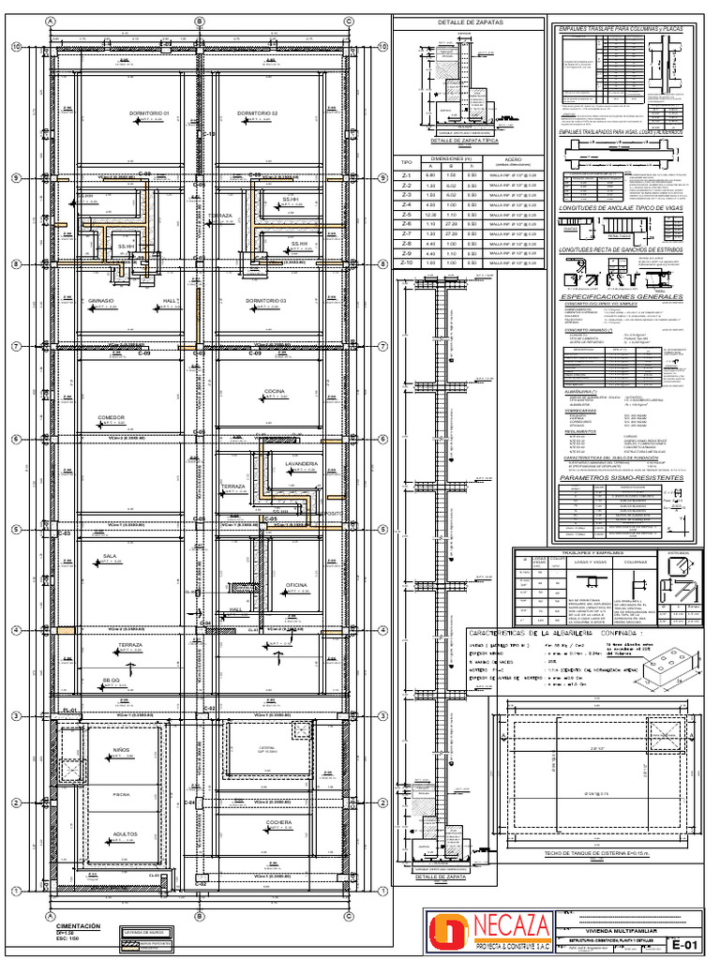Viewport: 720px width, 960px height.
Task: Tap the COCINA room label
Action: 275,390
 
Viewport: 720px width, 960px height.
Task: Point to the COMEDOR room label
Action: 111,417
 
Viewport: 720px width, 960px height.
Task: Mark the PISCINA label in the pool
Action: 121,793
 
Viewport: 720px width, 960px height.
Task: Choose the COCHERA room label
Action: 278,821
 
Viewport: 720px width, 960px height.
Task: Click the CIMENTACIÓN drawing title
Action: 78,924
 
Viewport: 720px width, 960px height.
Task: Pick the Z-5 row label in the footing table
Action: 406,215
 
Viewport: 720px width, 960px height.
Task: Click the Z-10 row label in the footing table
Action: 406,263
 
